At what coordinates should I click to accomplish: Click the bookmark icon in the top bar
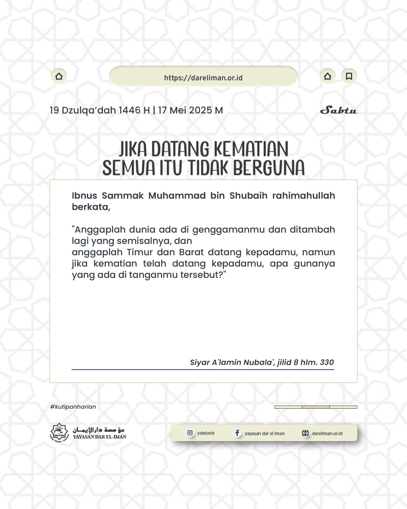[x=349, y=76]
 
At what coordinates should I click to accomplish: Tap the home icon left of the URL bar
[x=59, y=76]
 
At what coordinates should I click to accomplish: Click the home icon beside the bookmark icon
[x=327, y=76]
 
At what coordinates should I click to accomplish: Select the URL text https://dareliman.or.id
[x=203, y=78]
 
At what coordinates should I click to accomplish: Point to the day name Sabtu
[x=338, y=110]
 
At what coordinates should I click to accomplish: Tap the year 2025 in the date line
[x=200, y=110]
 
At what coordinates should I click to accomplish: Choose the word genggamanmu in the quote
[x=228, y=230]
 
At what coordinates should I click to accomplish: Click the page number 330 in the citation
[x=327, y=362]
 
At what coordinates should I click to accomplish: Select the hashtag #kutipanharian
[x=73, y=407]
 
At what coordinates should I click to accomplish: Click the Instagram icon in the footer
[x=190, y=433]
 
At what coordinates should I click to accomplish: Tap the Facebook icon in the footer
[x=237, y=433]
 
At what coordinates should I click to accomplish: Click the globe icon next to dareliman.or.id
[x=305, y=433]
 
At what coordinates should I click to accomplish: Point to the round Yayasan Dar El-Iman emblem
[x=60, y=433]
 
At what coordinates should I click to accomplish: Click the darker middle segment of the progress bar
[x=316, y=407]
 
